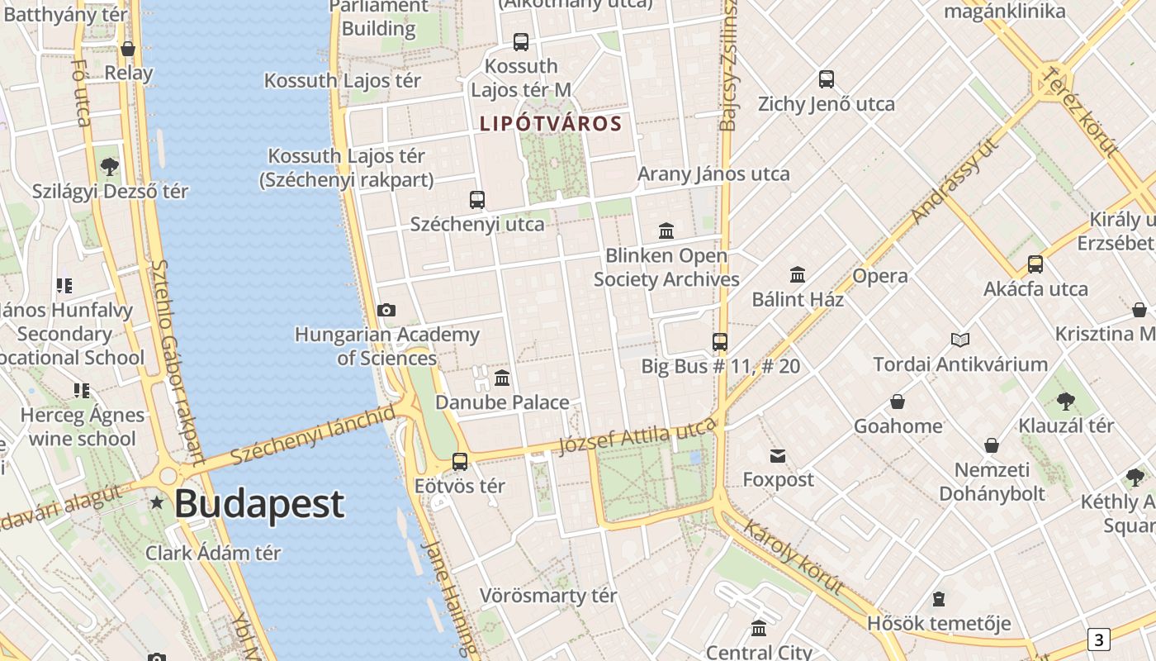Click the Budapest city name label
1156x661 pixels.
[x=258, y=503]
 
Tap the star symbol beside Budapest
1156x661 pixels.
[x=157, y=502]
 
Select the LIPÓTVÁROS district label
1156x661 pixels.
[x=550, y=124]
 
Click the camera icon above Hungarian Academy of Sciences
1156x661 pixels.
[x=386, y=310]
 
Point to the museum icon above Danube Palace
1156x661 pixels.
[x=502, y=378]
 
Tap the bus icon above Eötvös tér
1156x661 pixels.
[x=460, y=461]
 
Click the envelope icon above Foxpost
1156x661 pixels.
[x=778, y=455]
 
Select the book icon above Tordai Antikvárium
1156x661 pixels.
[x=959, y=340]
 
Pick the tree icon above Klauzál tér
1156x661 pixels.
[x=1066, y=402]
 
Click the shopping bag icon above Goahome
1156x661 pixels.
[x=898, y=402]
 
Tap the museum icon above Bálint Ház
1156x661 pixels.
[x=798, y=274]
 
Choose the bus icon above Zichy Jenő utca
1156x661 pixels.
[x=827, y=79]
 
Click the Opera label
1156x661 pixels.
[x=880, y=276]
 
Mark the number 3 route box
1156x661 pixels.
[x=1098, y=640]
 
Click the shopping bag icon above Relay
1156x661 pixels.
[x=128, y=49]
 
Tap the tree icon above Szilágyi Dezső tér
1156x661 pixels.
[x=109, y=167]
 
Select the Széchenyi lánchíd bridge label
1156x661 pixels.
[x=313, y=435]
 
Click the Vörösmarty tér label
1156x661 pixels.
[x=548, y=596]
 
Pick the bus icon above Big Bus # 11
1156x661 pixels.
[x=720, y=341]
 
